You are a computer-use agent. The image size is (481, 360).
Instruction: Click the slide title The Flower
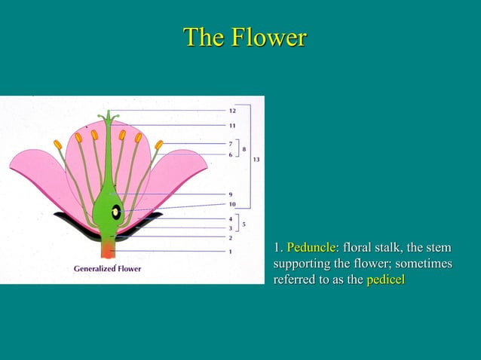245,37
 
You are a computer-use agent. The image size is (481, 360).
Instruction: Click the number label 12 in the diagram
232,111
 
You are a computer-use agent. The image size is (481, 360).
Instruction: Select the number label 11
232,125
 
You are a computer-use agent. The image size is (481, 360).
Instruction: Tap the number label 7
231,143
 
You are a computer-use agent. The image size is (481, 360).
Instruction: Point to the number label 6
231,154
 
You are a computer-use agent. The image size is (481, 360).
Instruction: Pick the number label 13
257,160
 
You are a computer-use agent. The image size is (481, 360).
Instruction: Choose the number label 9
231,194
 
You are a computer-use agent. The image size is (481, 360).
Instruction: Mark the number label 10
232,203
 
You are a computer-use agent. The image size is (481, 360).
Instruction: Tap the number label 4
231,218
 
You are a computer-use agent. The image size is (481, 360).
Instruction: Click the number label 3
231,227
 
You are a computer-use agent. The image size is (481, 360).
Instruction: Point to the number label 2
231,237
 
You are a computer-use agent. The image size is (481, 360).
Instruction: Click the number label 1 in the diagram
231,251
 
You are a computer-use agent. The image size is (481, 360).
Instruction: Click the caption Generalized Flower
107,268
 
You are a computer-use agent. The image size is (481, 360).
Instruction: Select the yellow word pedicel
385,280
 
